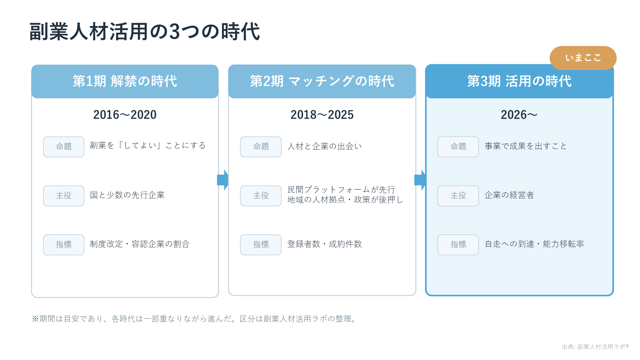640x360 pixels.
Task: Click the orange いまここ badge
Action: click(x=583, y=58)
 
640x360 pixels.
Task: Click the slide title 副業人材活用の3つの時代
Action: click(x=145, y=32)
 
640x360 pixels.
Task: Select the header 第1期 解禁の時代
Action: click(x=125, y=81)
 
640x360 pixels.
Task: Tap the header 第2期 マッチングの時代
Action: click(x=322, y=81)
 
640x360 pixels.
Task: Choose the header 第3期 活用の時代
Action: click(x=519, y=81)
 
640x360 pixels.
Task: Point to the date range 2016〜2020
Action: click(x=125, y=115)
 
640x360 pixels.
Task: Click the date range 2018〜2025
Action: click(x=322, y=115)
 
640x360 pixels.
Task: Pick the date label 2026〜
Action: click(x=519, y=115)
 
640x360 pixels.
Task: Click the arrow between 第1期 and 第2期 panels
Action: click(x=223, y=180)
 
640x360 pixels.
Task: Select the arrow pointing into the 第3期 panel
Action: click(x=420, y=180)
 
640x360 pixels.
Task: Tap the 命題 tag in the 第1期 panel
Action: click(x=64, y=147)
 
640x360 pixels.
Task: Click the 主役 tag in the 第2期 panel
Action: click(x=261, y=196)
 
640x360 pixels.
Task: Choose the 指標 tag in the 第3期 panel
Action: click(x=458, y=245)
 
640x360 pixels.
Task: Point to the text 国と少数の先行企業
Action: click(x=127, y=195)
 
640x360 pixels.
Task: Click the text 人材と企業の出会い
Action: click(x=325, y=146)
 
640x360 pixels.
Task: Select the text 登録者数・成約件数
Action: click(x=325, y=244)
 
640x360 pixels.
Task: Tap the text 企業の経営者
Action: click(x=509, y=195)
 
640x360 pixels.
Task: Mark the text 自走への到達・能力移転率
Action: click(x=534, y=244)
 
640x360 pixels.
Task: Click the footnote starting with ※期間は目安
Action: click(x=195, y=319)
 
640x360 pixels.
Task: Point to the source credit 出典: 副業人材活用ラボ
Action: click(x=595, y=347)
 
